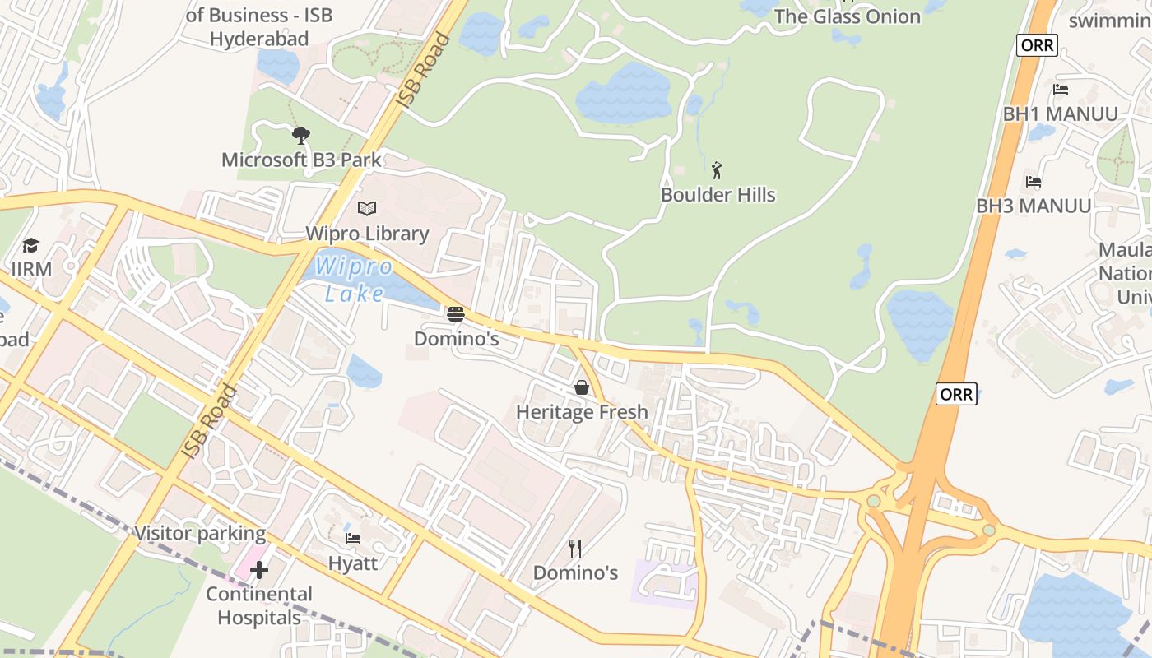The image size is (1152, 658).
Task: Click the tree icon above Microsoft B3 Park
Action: coord(301,135)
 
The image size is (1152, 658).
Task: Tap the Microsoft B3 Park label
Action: coord(301,160)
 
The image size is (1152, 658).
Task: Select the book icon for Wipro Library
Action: coord(367,209)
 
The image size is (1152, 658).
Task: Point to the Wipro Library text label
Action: coord(367,234)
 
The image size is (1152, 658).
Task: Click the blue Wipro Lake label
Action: coord(354,280)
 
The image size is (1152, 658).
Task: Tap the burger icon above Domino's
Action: coord(456,313)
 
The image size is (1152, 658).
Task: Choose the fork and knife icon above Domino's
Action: coord(575,548)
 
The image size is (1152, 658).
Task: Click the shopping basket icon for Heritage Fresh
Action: coord(582,387)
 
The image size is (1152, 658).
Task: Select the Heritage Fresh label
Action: coord(582,411)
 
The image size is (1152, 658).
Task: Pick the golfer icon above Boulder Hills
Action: coord(718,170)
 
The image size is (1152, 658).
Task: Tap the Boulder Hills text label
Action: coord(718,195)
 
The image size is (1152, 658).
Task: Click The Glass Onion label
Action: coord(847,16)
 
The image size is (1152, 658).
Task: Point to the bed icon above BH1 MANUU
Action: coord(1061,90)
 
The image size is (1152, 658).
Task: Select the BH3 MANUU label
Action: coord(1034,206)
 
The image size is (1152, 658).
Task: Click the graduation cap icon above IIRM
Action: coord(31,245)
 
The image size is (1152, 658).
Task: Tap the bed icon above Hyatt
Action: coord(353,539)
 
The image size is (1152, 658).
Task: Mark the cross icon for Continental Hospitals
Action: coord(259,569)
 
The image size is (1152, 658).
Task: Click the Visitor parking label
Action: coord(200,533)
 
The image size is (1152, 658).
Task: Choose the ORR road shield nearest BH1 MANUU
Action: coord(1036,45)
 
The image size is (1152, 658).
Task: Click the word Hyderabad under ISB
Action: coord(258,39)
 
